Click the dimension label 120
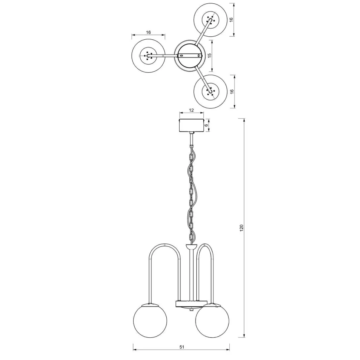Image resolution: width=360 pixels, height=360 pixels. (x=241, y=228)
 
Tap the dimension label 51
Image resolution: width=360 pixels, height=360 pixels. (x=182, y=347)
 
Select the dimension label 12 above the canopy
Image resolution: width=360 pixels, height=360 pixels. (x=191, y=110)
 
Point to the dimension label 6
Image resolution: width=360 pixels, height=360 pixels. (x=206, y=125)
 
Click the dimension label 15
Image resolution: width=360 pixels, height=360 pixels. (x=209, y=56)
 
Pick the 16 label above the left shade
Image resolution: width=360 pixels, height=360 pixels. (x=148, y=32)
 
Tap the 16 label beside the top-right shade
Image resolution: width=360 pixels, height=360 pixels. (x=231, y=20)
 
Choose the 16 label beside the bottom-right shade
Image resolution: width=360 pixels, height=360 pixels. (x=232, y=91)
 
